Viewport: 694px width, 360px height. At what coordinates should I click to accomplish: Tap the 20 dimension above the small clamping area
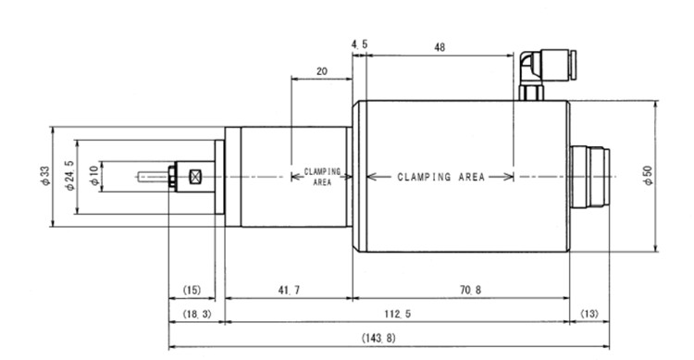point(321,70)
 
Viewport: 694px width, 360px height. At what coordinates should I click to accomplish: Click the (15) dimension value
point(191,291)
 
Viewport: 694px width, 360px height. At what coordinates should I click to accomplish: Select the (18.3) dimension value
point(196,314)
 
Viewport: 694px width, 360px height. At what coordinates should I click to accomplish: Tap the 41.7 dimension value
point(288,291)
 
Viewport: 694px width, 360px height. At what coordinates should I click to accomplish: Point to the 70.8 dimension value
point(460,291)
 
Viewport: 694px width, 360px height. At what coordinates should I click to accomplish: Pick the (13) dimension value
point(589,314)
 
